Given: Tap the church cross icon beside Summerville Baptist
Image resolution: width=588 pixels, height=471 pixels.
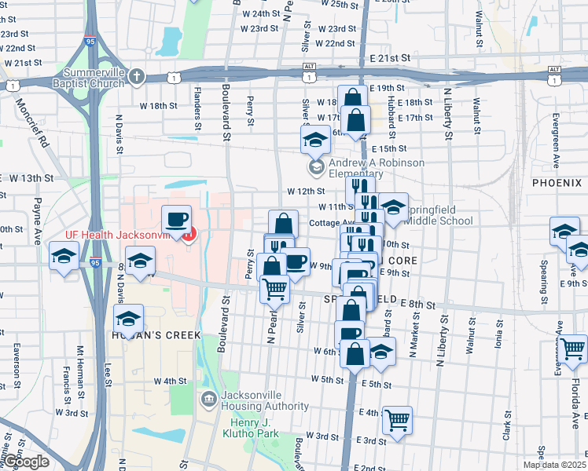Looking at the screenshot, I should click(x=138, y=77).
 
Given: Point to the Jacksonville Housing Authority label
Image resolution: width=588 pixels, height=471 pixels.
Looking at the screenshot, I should click(x=264, y=400).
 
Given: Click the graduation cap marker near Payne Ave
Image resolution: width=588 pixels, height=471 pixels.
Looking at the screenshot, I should click(x=64, y=256).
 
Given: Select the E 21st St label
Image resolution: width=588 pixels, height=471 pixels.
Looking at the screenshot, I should click(x=391, y=59).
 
